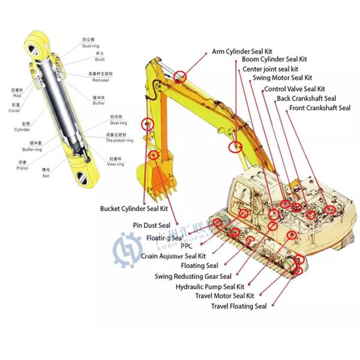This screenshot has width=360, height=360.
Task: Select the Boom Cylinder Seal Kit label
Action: click(274, 59)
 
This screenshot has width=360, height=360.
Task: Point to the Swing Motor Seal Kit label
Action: click(282, 78)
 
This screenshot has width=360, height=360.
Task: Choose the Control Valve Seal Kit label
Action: click(294, 89)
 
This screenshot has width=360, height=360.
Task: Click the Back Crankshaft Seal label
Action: click(306, 98)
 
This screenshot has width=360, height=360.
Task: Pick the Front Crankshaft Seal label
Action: click(319, 108)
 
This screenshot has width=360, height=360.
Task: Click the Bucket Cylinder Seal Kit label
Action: click(134, 209)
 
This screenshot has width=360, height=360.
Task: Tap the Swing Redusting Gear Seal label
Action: click(193, 277)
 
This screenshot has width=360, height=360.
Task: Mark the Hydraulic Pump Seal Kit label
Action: click(209, 287)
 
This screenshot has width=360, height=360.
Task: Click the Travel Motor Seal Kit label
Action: click(224, 296)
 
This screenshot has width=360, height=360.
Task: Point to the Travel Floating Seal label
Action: click(238, 307)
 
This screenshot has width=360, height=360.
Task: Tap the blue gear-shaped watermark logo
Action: click(127, 250)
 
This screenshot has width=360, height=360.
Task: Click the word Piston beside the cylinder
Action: click(22, 161)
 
